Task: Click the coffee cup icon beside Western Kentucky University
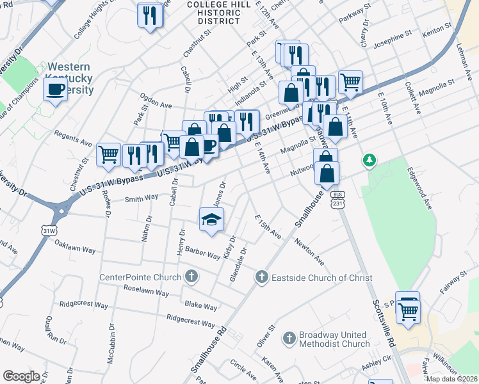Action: click(56, 89)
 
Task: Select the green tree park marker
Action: click(369, 161)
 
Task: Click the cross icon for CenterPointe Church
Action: click(190, 277)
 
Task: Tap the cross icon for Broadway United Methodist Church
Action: click(289, 337)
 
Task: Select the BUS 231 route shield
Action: click(337, 198)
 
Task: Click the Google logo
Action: click(21, 376)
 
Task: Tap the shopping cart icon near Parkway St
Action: click(350, 81)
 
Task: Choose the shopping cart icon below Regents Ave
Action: click(108, 154)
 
